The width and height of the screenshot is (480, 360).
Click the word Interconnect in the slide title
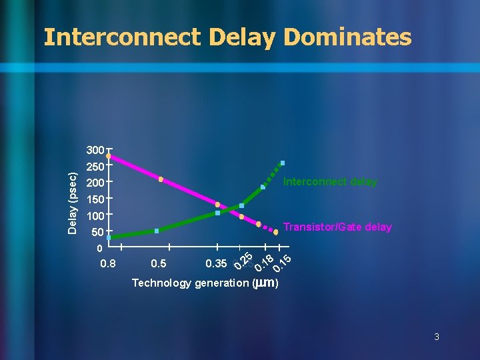coord(122,37)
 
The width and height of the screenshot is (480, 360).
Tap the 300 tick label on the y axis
coord(95,150)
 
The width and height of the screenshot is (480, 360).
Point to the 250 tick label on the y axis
coord(95,167)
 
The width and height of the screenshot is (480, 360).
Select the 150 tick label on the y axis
coord(95,199)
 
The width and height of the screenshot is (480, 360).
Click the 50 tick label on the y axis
coord(97,233)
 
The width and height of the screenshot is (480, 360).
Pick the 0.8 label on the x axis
coord(108,264)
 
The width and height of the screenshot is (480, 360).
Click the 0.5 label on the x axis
coord(159,264)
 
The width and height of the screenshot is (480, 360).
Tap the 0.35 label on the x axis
coord(216,264)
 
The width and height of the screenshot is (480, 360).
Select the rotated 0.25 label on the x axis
coord(243,261)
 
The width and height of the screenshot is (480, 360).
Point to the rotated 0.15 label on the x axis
coord(282,263)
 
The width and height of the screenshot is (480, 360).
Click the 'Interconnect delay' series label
coord(330,182)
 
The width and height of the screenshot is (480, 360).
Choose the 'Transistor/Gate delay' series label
coord(337,227)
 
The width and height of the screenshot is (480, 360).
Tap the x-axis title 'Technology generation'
coord(190,283)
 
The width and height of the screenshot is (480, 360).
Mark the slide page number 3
coord(437,337)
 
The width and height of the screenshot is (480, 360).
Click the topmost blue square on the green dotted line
coord(283,163)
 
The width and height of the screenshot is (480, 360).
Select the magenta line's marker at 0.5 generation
coord(161,179)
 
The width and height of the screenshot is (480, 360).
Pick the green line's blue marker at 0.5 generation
coord(157,231)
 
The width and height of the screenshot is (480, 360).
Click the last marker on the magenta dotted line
coord(276,233)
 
